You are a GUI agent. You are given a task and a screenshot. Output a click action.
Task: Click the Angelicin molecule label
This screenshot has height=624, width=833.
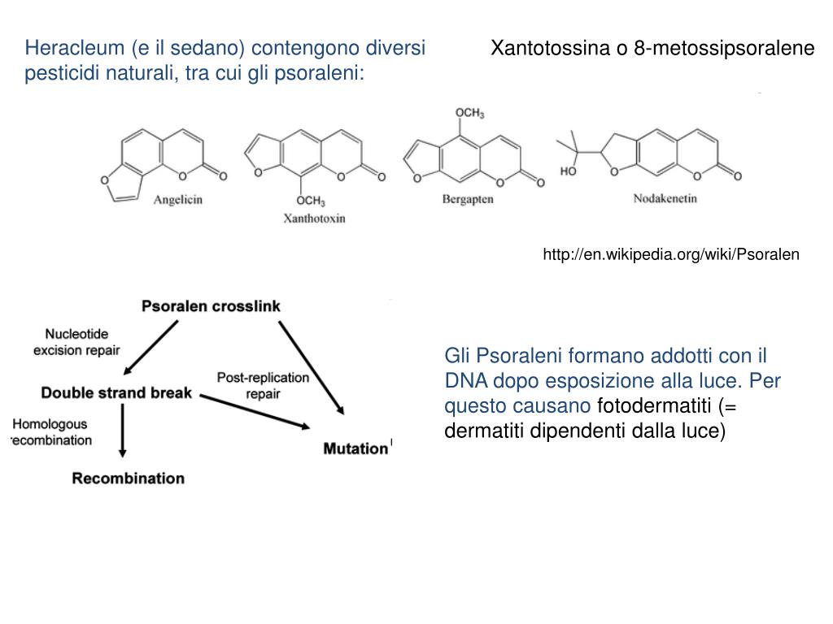point(178,200)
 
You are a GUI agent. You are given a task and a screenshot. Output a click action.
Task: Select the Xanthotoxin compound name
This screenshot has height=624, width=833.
point(313,218)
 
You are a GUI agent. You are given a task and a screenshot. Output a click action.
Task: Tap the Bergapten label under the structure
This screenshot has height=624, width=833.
point(468,200)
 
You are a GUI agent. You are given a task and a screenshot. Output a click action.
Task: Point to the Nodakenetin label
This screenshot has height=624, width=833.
point(665,198)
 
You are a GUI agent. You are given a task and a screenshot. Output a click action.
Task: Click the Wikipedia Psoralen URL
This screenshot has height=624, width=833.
point(671,254)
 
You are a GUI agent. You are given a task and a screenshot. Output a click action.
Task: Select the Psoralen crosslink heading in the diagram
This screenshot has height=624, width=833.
point(211,306)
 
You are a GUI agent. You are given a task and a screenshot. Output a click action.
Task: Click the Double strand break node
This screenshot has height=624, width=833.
point(116,393)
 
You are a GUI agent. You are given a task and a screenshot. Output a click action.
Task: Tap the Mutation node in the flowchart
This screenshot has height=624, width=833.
point(355,448)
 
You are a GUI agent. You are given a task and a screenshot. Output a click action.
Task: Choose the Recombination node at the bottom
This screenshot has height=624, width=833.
point(129,478)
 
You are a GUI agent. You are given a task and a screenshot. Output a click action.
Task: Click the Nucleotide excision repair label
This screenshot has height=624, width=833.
point(76,342)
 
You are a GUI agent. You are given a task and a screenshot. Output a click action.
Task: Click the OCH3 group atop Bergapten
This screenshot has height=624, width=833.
point(469,113)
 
